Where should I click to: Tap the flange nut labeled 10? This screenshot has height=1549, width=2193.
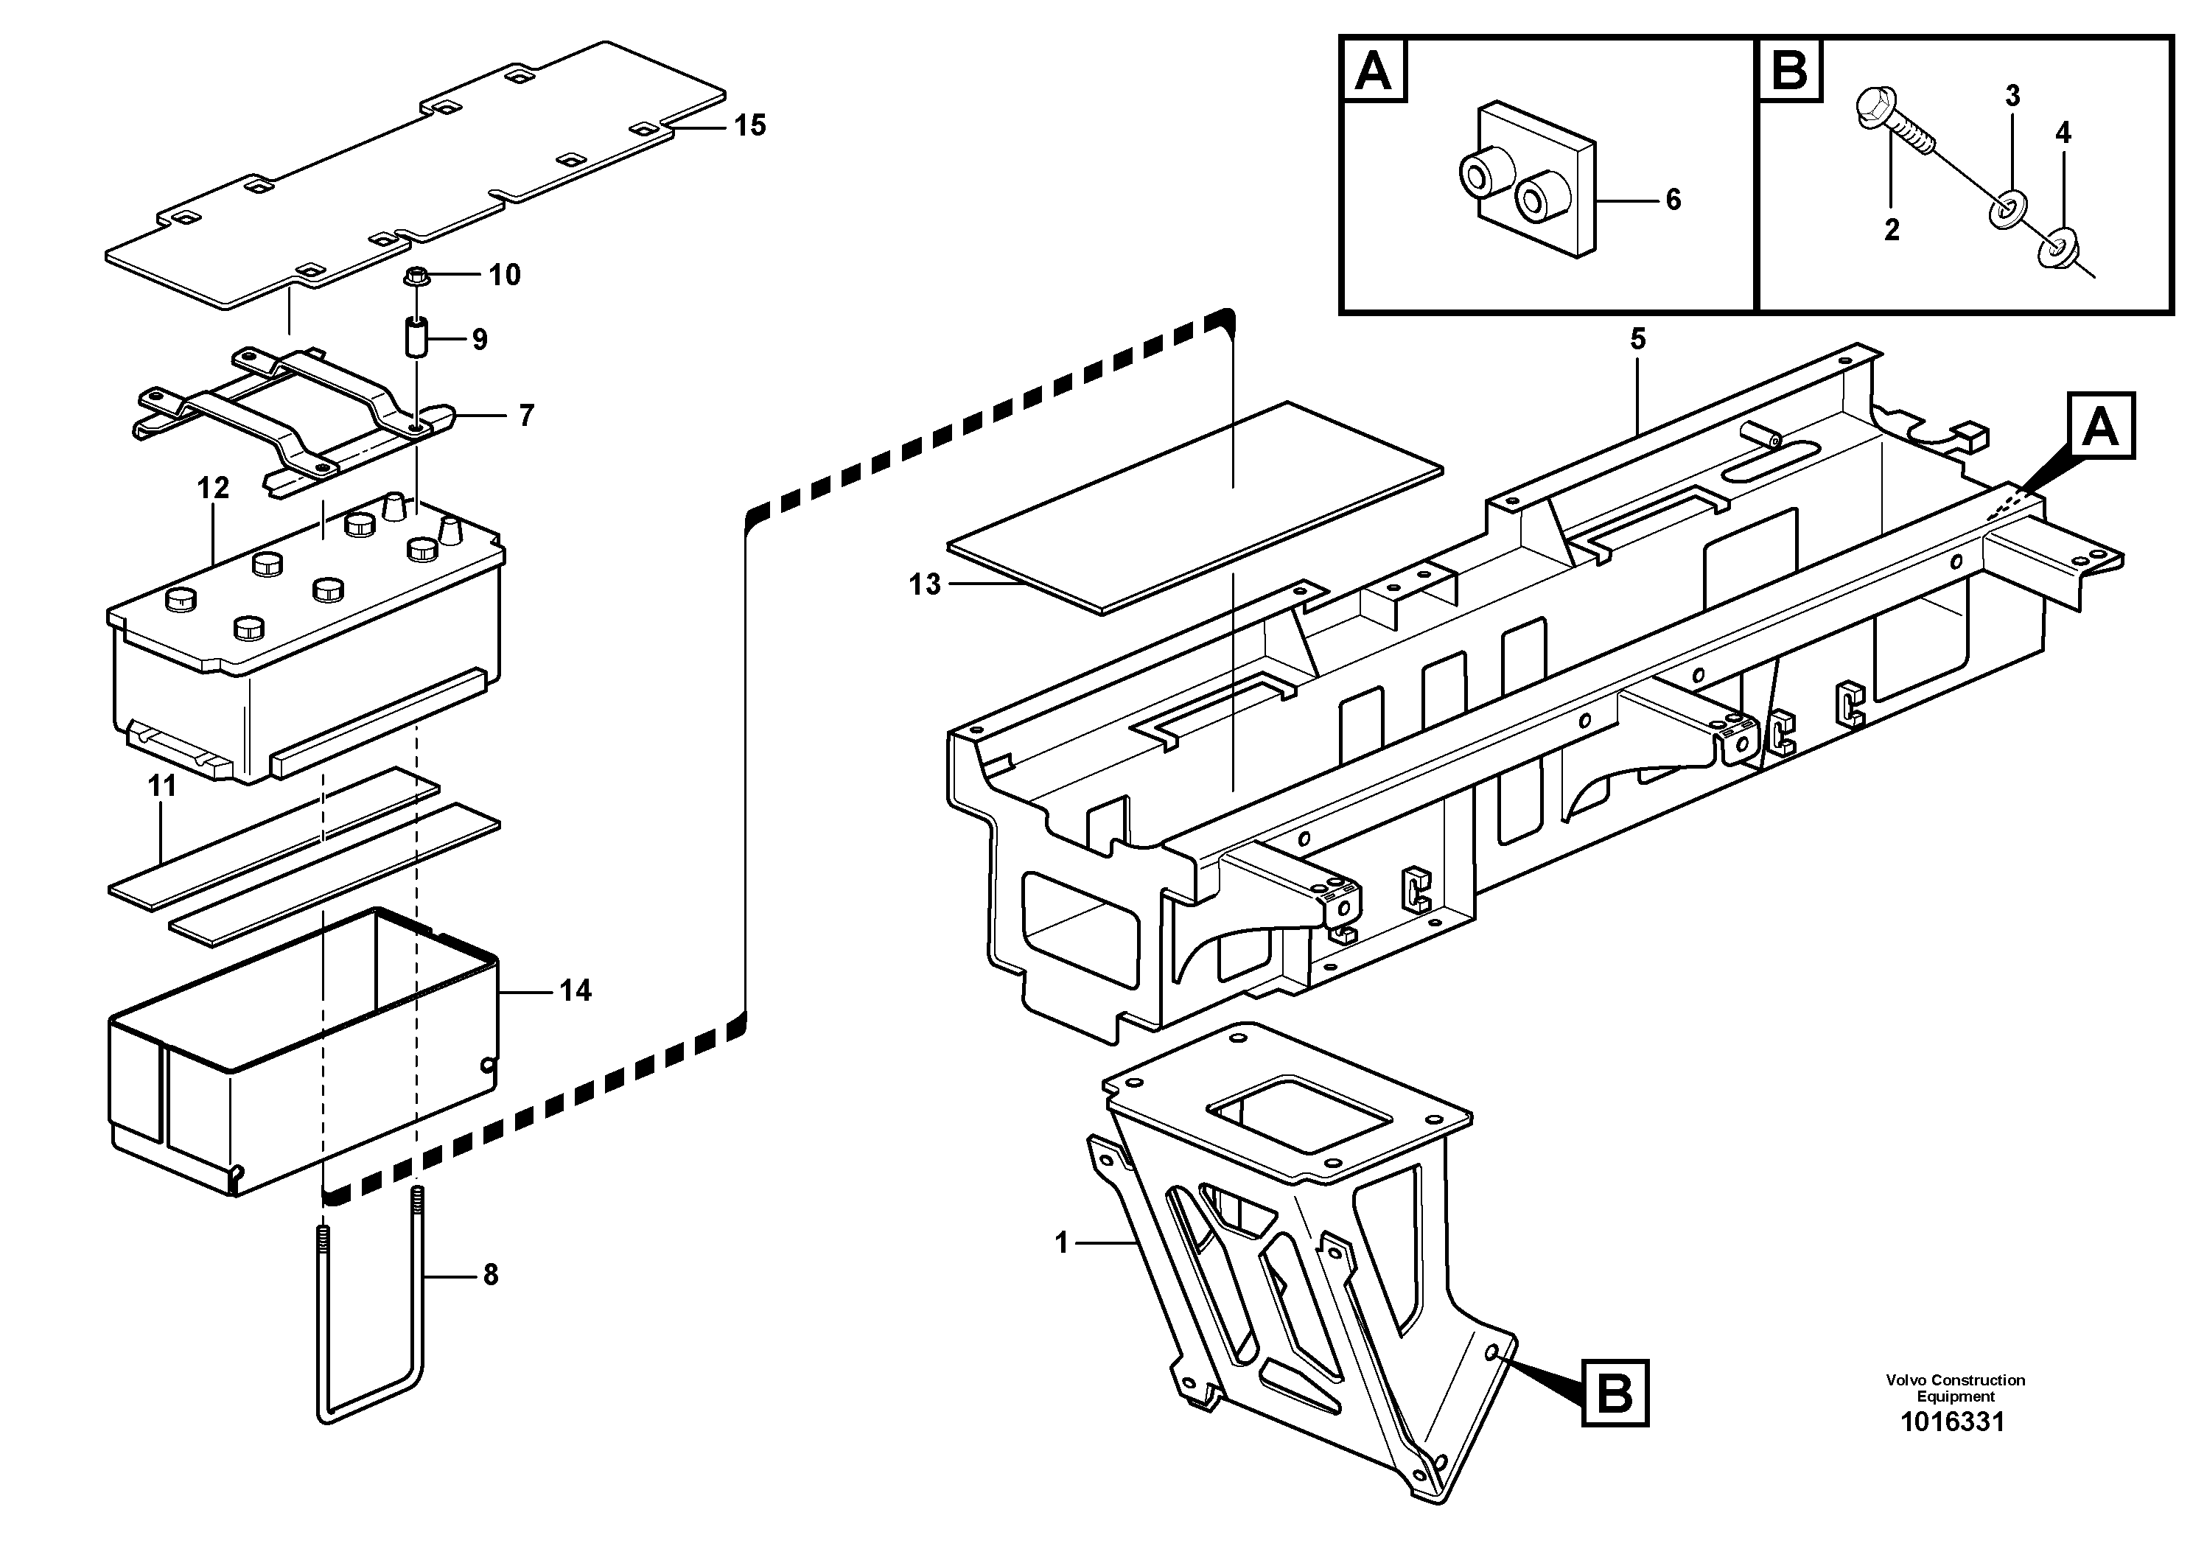[x=415, y=277]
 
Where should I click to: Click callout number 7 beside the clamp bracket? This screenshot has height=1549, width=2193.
[x=526, y=416]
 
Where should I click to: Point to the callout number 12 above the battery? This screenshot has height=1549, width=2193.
[x=213, y=488]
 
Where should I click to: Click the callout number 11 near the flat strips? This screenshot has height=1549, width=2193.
[x=162, y=786]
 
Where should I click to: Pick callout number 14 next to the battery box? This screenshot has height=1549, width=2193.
[x=575, y=991]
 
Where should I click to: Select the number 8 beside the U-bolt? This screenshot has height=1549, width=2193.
[x=490, y=1275]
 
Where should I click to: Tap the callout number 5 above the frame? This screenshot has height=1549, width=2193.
[x=1638, y=339]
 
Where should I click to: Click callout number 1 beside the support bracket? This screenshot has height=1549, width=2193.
[x=1061, y=1242]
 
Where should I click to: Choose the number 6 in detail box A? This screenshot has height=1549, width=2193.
[x=1673, y=200]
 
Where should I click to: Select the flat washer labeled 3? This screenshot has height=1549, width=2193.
[x=2003, y=209]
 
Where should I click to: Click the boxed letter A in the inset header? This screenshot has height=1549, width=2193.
[x=1374, y=70]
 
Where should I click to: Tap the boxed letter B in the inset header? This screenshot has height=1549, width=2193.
[x=1789, y=70]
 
